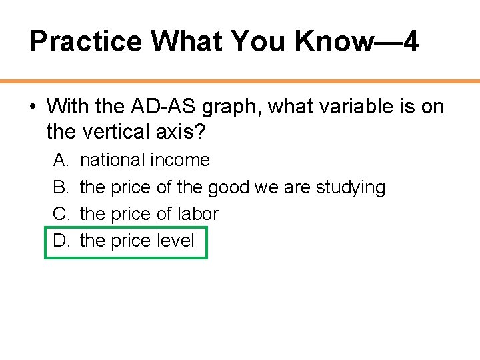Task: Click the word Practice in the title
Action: pyautogui.click(x=85, y=42)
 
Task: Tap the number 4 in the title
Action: pyautogui.click(x=411, y=42)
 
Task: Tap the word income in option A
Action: pyautogui.click(x=180, y=160)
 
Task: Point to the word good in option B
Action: pyautogui.click(x=227, y=187)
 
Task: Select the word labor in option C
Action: pyautogui.click(x=197, y=214)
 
